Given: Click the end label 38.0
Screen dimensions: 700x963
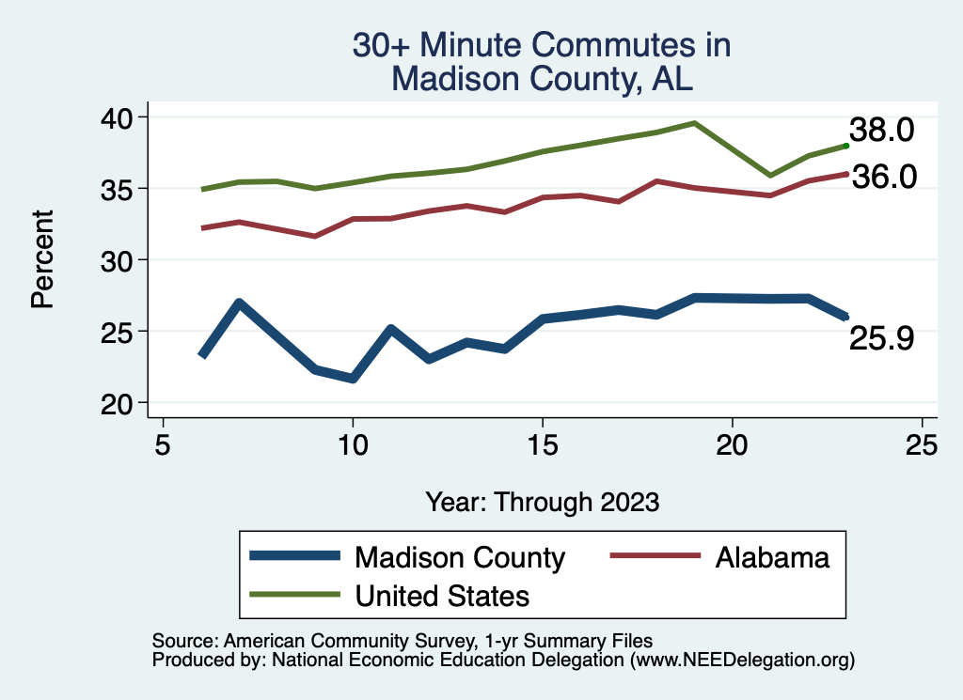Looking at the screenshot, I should coord(881,131).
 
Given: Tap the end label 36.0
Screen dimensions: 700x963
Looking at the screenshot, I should coord(883,177).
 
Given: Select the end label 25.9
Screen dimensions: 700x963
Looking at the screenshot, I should coord(881,338).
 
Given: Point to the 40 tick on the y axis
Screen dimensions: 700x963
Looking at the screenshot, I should coord(118,117).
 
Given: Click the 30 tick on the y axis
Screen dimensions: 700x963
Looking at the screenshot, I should coord(118,259).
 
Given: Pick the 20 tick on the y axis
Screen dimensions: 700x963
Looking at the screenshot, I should coord(118,402).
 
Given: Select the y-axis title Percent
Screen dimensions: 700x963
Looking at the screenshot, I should coord(41,259).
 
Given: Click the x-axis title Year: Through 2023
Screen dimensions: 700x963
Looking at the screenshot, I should coord(542,502).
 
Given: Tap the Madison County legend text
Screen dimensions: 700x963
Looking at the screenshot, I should coord(459,557).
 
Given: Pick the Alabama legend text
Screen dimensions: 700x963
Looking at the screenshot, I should coord(772,557).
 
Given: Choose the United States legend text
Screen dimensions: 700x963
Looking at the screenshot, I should coord(441,596).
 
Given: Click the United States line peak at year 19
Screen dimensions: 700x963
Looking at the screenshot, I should coord(694,123).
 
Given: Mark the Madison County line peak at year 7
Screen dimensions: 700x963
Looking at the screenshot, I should coord(240,303).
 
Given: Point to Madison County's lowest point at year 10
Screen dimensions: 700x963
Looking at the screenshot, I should coord(353,379).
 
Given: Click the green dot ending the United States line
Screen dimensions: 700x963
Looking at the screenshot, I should coord(846,146).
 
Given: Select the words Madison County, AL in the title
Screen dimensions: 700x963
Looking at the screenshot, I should coord(542,79).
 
